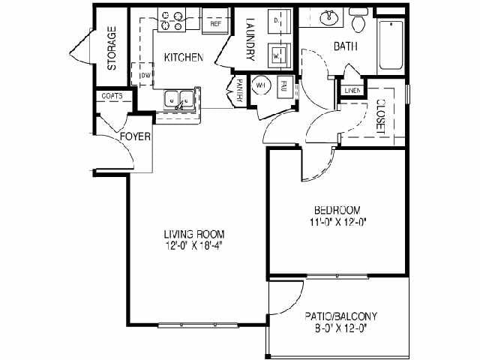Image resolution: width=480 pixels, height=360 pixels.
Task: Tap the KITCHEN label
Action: [x=184, y=58]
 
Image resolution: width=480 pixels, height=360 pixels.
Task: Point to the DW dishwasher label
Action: [x=147, y=76]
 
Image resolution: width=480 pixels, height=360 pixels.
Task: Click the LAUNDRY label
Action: [x=250, y=36]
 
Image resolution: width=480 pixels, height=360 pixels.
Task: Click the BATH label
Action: [x=345, y=46]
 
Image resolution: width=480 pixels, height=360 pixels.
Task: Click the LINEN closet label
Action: [x=352, y=91]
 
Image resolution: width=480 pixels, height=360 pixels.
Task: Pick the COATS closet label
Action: [x=112, y=96]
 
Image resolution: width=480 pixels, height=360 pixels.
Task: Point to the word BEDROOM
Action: [x=337, y=209]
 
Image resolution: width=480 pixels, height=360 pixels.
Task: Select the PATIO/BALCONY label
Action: [x=340, y=316]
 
